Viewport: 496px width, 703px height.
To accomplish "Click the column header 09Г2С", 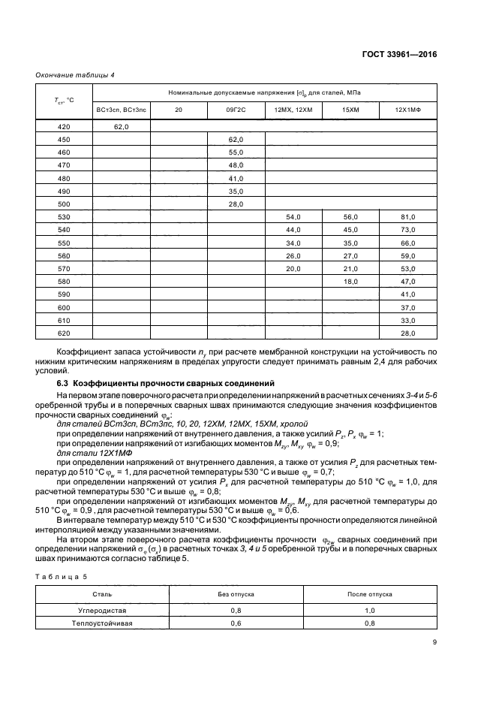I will coord(236,110).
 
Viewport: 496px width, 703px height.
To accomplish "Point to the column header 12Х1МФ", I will coord(408,110).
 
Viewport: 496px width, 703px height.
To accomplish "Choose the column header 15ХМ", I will coord(350,110).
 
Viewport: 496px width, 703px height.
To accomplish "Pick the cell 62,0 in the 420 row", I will coord(122,128).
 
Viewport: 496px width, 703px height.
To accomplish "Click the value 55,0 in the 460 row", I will coord(236,152).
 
